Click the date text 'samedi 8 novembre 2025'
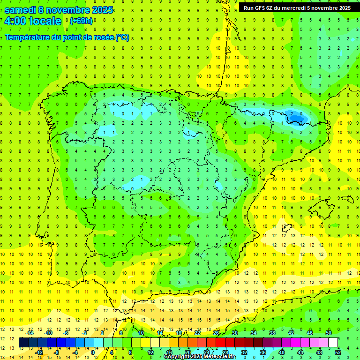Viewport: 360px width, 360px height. click(x=59, y=10)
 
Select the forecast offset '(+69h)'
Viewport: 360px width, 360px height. click(x=81, y=21)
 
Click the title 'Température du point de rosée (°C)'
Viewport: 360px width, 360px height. click(x=67, y=37)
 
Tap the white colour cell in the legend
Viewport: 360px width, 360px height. click(x=333, y=343)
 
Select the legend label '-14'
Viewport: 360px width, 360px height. click(x=30, y=333)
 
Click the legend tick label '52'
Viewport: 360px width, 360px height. click(x=338, y=352)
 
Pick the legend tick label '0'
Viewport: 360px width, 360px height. click(x=93, y=352)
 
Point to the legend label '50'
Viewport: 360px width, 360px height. click(x=329, y=333)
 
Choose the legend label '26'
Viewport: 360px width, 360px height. click(x=216, y=333)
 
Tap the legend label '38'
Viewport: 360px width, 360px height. click(x=272, y=333)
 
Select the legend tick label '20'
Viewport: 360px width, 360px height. click(x=187, y=352)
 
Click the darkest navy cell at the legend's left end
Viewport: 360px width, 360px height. click(x=24, y=343)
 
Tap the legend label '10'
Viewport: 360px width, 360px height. click(x=141, y=333)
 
